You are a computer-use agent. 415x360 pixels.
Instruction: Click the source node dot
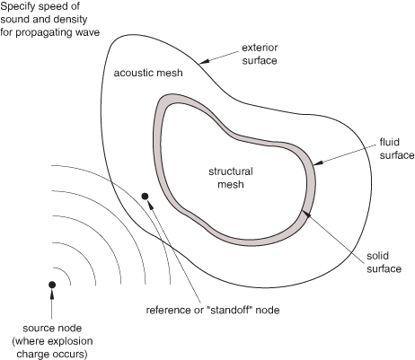(52, 285)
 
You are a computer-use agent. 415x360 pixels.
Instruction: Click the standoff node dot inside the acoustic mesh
(145, 197)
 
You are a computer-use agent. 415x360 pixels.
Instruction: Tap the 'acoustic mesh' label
(148, 73)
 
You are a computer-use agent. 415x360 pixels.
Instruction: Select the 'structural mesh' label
(231, 178)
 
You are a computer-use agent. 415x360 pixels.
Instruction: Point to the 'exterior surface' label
(260, 54)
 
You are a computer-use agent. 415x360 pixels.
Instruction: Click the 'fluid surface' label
(397, 148)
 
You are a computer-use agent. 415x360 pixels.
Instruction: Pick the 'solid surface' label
(384, 262)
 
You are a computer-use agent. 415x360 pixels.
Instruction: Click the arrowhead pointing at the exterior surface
(204, 61)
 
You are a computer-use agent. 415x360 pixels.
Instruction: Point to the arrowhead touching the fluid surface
(318, 162)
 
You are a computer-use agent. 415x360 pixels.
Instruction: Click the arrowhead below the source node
(52, 294)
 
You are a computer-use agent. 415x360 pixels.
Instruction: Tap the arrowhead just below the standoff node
(150, 206)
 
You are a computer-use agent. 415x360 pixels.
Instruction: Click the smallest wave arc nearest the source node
(65, 275)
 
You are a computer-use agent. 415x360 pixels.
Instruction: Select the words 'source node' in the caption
(52, 328)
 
